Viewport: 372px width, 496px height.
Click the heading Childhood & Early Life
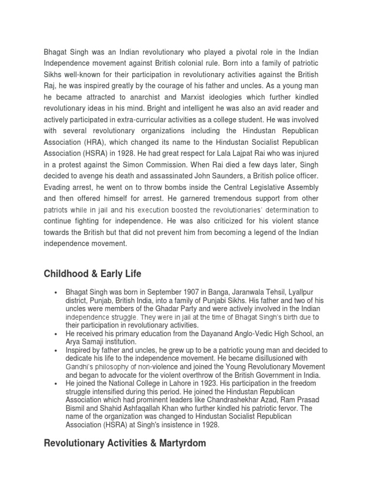93,274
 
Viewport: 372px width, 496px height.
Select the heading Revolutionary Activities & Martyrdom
124,443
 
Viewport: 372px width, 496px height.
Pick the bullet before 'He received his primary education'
57,334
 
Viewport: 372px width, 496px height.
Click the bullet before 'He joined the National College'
57,383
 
